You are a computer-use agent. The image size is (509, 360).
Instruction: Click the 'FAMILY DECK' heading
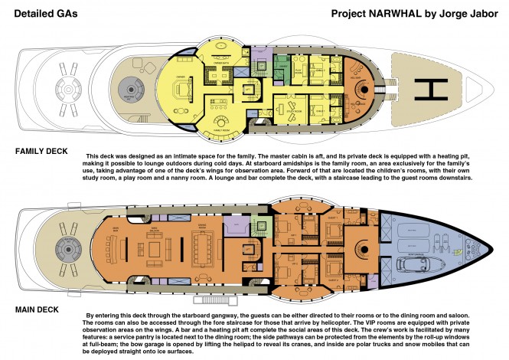(x=43, y=151)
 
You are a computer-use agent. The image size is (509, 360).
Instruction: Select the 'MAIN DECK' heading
(x=37, y=309)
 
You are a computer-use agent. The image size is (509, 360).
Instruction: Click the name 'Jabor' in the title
(x=477, y=14)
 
